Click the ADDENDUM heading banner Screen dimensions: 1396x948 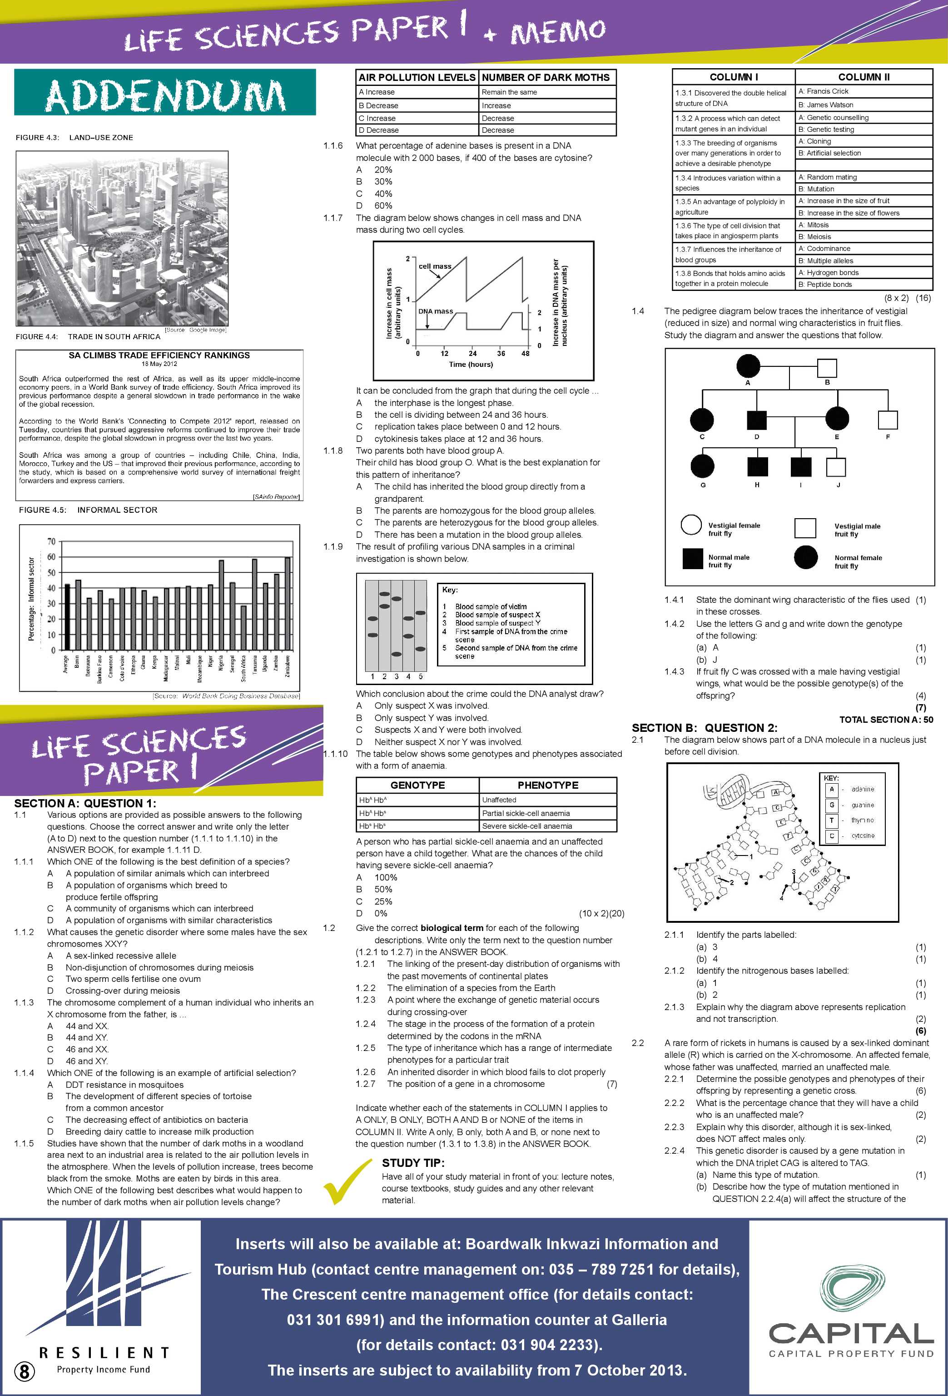(165, 93)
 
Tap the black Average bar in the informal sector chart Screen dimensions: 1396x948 (67, 617)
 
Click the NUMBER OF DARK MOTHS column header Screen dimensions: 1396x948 (545, 77)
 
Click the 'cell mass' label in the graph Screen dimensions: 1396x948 (435, 266)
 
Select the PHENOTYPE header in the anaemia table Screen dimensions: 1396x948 (547, 785)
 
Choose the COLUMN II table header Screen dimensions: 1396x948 (864, 77)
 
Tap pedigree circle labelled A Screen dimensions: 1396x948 (748, 366)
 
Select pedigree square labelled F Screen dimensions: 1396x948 (888, 420)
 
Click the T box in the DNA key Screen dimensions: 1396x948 (832, 821)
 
